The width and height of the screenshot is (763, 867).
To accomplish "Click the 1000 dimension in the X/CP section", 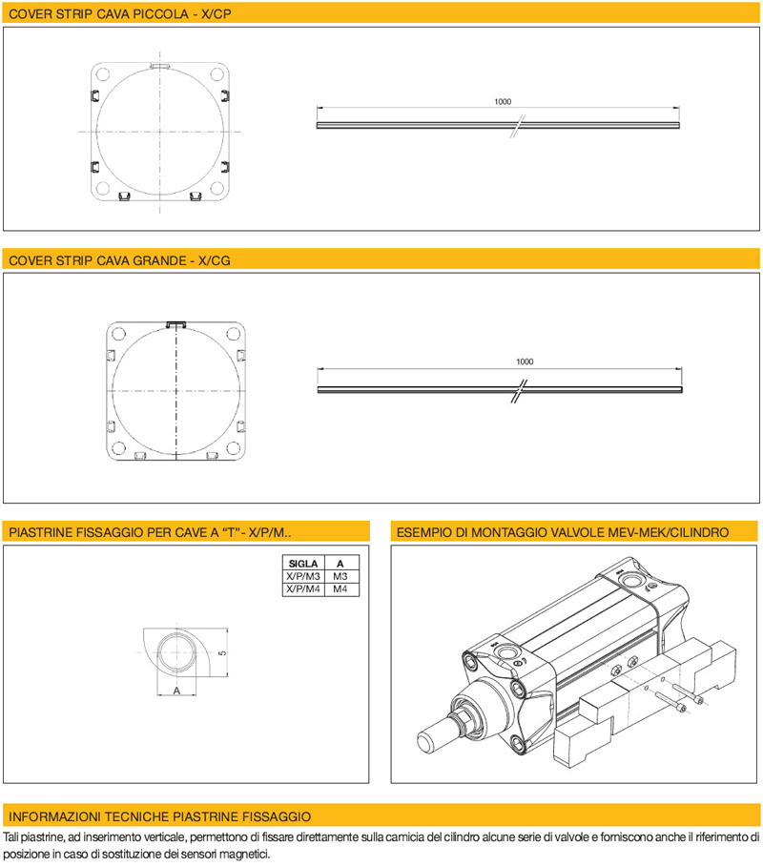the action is (x=503, y=102).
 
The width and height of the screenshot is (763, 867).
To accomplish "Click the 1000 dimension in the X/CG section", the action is (x=525, y=361).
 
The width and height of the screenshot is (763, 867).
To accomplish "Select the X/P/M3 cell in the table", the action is (x=303, y=576).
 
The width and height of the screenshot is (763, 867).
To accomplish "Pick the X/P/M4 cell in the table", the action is (x=303, y=588).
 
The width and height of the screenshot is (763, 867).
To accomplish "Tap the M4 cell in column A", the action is (x=340, y=588).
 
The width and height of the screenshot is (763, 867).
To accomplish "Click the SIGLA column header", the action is (x=303, y=564).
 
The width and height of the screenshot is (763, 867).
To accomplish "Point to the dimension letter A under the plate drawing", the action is (x=176, y=690).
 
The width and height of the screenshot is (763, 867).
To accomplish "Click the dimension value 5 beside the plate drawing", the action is (x=222, y=653).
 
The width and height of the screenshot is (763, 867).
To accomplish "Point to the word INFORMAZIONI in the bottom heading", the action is (x=54, y=816).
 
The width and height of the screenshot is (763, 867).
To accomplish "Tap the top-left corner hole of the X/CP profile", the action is (x=103, y=74).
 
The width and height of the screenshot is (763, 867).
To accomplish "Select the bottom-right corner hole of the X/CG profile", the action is (x=234, y=447).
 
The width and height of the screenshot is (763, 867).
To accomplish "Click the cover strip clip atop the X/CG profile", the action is (x=176, y=323).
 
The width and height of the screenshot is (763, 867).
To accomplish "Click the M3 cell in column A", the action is (x=340, y=576).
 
